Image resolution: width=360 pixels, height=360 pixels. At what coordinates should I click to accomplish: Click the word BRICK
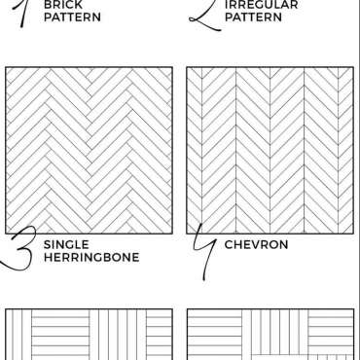63,5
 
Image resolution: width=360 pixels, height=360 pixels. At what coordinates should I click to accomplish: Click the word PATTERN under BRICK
72,18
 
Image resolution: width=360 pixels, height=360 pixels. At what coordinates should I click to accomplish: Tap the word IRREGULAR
261,5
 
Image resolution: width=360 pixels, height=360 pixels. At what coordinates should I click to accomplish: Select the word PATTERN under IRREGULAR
253,18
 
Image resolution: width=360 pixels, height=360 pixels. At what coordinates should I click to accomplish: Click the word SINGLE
66,244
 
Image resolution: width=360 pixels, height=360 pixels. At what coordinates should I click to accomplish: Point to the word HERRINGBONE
91,257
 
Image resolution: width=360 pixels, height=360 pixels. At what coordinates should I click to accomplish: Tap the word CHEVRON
256,244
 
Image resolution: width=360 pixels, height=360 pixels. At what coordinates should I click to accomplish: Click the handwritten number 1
20,13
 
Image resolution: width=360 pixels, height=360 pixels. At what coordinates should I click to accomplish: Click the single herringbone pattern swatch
89,150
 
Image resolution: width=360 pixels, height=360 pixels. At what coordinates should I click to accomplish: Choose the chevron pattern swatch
270,150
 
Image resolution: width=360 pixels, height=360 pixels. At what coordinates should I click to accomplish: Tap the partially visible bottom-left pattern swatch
89,335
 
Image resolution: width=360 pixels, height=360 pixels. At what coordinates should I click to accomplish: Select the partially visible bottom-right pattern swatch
270,335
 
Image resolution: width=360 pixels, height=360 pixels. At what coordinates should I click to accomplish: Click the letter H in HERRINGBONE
48,257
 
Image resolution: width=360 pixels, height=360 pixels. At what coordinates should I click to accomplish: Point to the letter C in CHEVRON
230,244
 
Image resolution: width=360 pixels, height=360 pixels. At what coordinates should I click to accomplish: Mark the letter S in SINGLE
48,244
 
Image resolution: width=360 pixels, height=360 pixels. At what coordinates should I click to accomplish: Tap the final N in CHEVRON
283,244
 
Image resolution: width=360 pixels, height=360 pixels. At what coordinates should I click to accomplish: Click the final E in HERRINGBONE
136,257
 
